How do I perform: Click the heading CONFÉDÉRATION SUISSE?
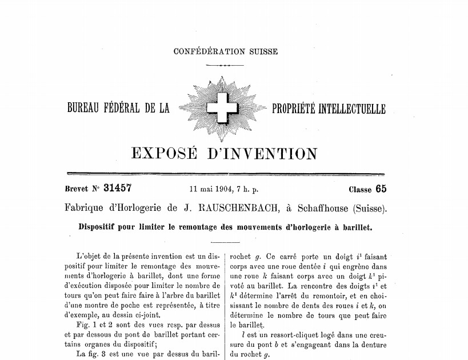click(226, 51)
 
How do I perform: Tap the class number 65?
click(381, 189)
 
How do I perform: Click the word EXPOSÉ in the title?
click(165, 153)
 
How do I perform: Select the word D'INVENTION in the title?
click(265, 153)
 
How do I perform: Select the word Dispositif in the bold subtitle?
click(99, 226)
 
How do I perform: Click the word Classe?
click(359, 190)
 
